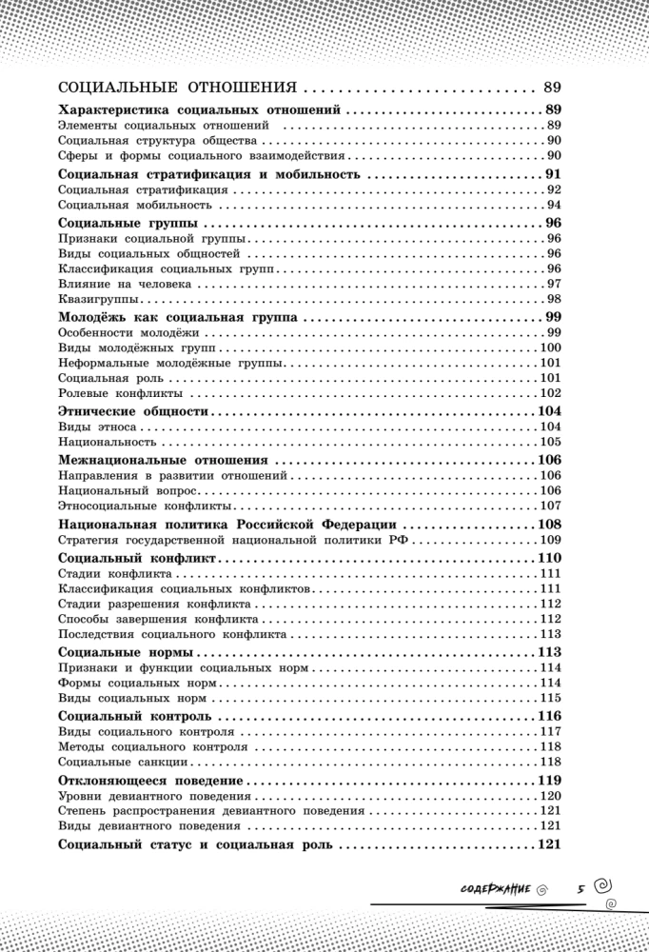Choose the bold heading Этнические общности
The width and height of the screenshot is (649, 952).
tap(132, 410)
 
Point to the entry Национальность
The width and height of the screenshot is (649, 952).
tap(107, 442)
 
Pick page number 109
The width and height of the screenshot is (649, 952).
tap(550, 539)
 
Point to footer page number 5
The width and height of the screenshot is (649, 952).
tap(579, 888)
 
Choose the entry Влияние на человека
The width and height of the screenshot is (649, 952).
tap(124, 284)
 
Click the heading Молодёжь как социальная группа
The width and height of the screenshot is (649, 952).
tap(177, 316)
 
